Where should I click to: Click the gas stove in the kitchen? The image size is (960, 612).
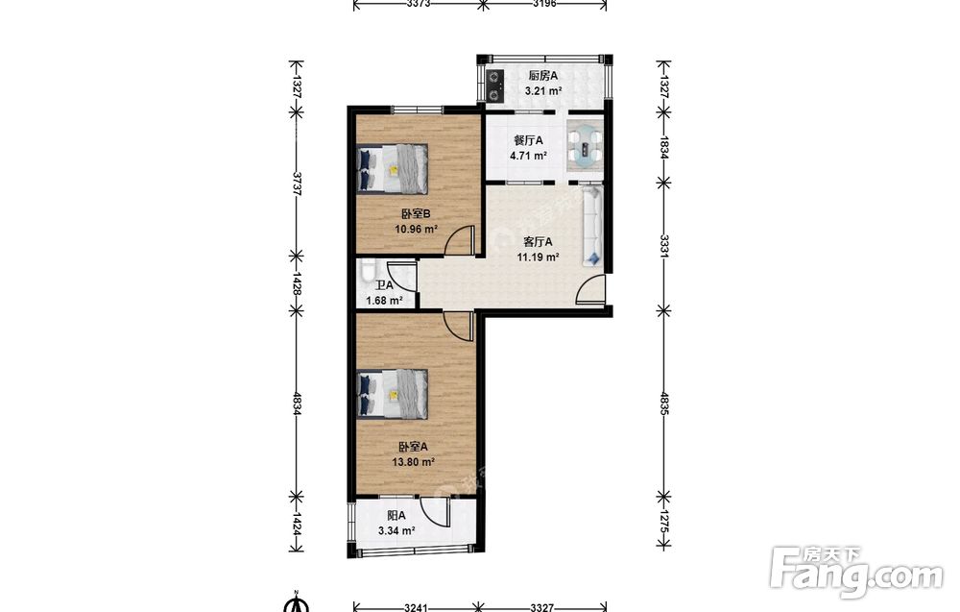pyautogui.click(x=494, y=86)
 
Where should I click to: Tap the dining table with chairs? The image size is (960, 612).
pyautogui.click(x=585, y=147)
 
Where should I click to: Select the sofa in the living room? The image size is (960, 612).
pyautogui.click(x=592, y=227)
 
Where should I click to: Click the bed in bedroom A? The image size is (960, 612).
pyautogui.click(x=392, y=393)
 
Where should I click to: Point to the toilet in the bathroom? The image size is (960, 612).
pyautogui.click(x=367, y=271)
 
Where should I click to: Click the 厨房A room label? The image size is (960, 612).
pyautogui.click(x=543, y=76)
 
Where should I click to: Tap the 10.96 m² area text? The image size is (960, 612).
pyautogui.click(x=417, y=230)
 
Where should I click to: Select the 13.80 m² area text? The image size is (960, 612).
pyautogui.click(x=414, y=462)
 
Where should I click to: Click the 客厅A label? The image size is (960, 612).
pyautogui.click(x=539, y=242)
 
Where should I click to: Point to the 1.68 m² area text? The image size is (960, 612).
pyautogui.click(x=384, y=300)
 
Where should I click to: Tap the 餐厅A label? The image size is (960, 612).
pyautogui.click(x=528, y=140)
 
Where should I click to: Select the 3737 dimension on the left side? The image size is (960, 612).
pyautogui.click(x=297, y=184)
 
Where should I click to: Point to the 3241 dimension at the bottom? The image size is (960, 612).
pyautogui.click(x=417, y=607)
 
